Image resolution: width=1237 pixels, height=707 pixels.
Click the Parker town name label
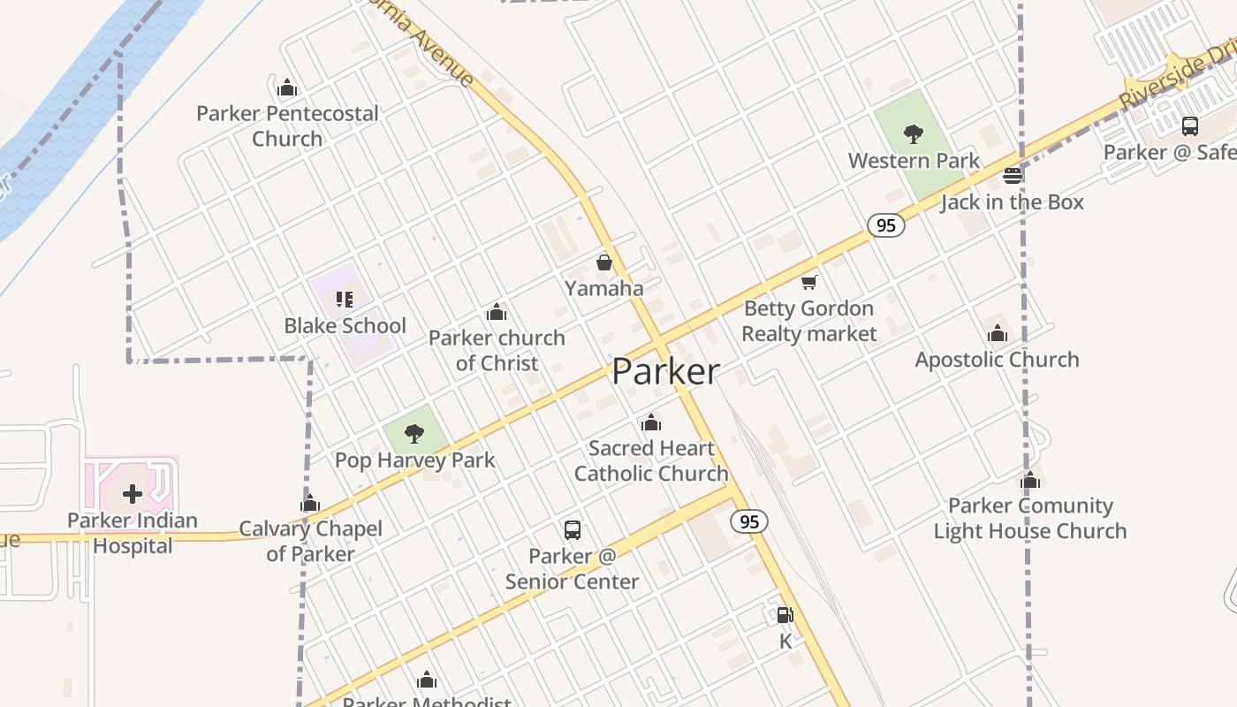pyautogui.click(x=666, y=371)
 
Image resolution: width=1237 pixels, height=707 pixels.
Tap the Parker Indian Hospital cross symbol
pyautogui.click(x=133, y=493)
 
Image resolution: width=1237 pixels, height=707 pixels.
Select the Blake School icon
pyautogui.click(x=345, y=300)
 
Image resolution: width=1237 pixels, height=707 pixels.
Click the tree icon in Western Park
pyautogui.click(x=914, y=134)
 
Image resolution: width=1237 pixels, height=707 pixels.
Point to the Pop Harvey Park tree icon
pyautogui.click(x=414, y=434)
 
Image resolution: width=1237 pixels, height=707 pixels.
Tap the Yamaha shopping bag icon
pyautogui.click(x=604, y=262)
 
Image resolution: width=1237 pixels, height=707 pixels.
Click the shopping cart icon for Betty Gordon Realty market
pyautogui.click(x=808, y=283)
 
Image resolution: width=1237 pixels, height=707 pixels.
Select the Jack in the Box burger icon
pyautogui.click(x=1013, y=176)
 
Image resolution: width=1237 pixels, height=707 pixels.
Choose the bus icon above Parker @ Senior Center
pyautogui.click(x=573, y=530)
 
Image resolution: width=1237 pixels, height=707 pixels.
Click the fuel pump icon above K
pyautogui.click(x=785, y=615)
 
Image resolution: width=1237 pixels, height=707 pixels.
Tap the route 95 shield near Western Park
pyautogui.click(x=885, y=225)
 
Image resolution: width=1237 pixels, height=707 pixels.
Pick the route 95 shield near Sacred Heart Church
pyautogui.click(x=749, y=521)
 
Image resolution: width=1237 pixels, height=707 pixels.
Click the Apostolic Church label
pyautogui.click(x=997, y=360)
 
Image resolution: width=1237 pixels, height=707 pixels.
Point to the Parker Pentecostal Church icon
pyautogui.click(x=286, y=87)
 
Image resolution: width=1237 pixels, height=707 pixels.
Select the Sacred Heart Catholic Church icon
pyautogui.click(x=651, y=422)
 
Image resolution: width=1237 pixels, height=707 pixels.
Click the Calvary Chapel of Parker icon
pyautogui.click(x=309, y=504)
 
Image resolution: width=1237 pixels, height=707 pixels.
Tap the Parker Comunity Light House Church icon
pyautogui.click(x=1030, y=481)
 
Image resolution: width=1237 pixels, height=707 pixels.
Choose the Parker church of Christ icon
pyautogui.click(x=497, y=312)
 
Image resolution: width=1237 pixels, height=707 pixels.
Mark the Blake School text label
pyautogui.click(x=345, y=326)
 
